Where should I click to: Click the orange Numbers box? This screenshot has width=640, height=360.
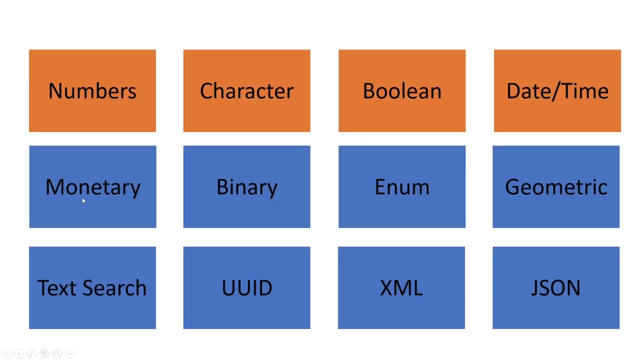click(x=92, y=90)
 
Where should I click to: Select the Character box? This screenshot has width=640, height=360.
click(x=246, y=90)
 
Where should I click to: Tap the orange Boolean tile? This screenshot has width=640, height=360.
click(x=402, y=90)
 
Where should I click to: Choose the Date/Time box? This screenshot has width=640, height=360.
click(x=557, y=90)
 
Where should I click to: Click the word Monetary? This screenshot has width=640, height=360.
click(x=93, y=187)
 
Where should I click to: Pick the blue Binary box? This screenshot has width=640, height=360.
click(x=246, y=186)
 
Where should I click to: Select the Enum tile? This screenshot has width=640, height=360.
click(x=402, y=186)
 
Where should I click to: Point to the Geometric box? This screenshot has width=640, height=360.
click(x=556, y=186)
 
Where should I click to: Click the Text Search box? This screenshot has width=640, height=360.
click(x=92, y=287)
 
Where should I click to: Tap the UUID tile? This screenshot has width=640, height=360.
click(x=246, y=287)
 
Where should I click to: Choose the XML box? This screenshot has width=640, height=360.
click(x=401, y=287)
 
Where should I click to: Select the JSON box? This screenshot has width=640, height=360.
click(x=556, y=287)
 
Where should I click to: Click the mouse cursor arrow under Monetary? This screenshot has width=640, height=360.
click(x=83, y=201)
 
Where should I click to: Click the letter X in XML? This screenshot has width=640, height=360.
click(x=386, y=288)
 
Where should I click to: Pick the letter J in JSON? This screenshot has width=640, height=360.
click(x=534, y=288)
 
